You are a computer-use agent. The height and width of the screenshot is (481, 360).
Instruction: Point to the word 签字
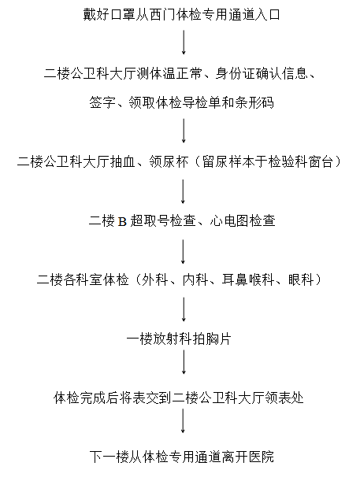[x=103, y=102]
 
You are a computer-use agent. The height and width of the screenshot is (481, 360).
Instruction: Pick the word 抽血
[x=123, y=161]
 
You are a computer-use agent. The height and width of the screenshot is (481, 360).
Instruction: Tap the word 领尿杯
[x=169, y=161]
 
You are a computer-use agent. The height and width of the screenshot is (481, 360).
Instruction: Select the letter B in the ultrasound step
[x=122, y=221]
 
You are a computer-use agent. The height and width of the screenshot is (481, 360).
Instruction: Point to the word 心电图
[x=229, y=220]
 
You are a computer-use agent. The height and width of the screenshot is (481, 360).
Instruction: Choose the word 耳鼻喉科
[x=248, y=279]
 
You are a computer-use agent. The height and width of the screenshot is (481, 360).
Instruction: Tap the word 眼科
[x=301, y=279]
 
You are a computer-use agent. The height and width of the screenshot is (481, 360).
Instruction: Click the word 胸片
[x=218, y=339]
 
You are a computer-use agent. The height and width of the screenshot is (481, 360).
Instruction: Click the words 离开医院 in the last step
[x=248, y=457]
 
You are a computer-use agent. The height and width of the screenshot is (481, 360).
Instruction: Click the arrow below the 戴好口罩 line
[x=184, y=43]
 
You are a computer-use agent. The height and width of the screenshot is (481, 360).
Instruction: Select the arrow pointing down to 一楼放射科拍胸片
[x=184, y=309]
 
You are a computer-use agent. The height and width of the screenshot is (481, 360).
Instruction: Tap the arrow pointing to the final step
[x=184, y=421]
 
